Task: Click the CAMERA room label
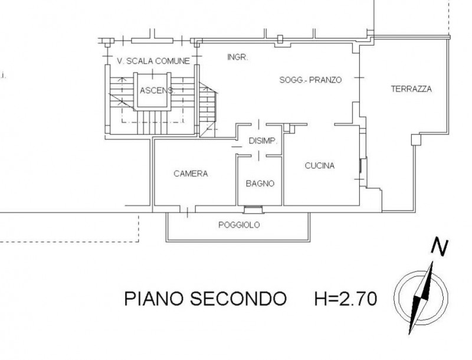[191, 174]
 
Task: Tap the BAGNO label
[260, 184]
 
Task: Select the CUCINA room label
[320, 166]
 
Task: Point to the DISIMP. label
[263, 140]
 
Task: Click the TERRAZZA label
[411, 89]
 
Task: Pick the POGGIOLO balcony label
[239, 225]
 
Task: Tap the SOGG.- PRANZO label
[311, 80]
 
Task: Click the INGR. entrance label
[238, 57]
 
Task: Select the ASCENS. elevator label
[157, 90]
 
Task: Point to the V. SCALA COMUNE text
[153, 61]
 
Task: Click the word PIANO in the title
[153, 299]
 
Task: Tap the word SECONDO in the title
[238, 299]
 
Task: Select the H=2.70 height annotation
[346, 299]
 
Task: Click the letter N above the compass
[440, 247]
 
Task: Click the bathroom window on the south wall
[253, 209]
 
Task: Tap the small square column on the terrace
[416, 139]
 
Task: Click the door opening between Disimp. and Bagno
[258, 156]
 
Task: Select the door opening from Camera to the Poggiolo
[188, 209]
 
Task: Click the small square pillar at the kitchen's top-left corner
[290, 129]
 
